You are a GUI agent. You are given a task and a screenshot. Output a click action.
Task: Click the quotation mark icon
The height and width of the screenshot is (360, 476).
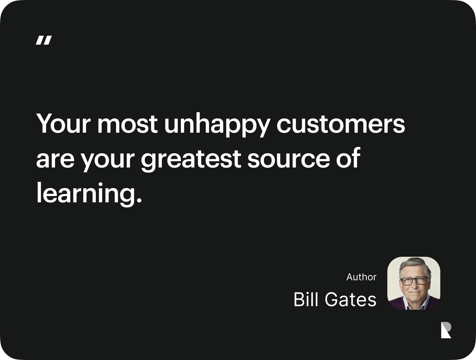point(44,40)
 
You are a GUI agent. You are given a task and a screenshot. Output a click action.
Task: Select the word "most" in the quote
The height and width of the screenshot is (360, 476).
point(128,124)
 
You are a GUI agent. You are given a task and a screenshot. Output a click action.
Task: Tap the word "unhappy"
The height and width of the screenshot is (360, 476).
point(217,125)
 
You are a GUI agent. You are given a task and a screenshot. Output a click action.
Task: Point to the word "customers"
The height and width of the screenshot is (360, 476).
point(340,124)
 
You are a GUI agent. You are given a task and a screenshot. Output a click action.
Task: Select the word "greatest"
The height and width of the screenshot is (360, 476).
point(191,160)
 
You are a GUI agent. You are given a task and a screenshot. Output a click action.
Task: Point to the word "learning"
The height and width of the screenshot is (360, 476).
point(84,194)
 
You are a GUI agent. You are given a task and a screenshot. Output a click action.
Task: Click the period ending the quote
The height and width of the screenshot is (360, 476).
point(138,200)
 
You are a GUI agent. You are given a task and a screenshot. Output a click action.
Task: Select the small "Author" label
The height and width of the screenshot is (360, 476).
point(361,277)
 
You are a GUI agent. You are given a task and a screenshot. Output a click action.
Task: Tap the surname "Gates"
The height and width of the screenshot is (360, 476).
point(350,300)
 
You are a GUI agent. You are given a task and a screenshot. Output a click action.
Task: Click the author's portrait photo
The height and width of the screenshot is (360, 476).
point(414,283)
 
